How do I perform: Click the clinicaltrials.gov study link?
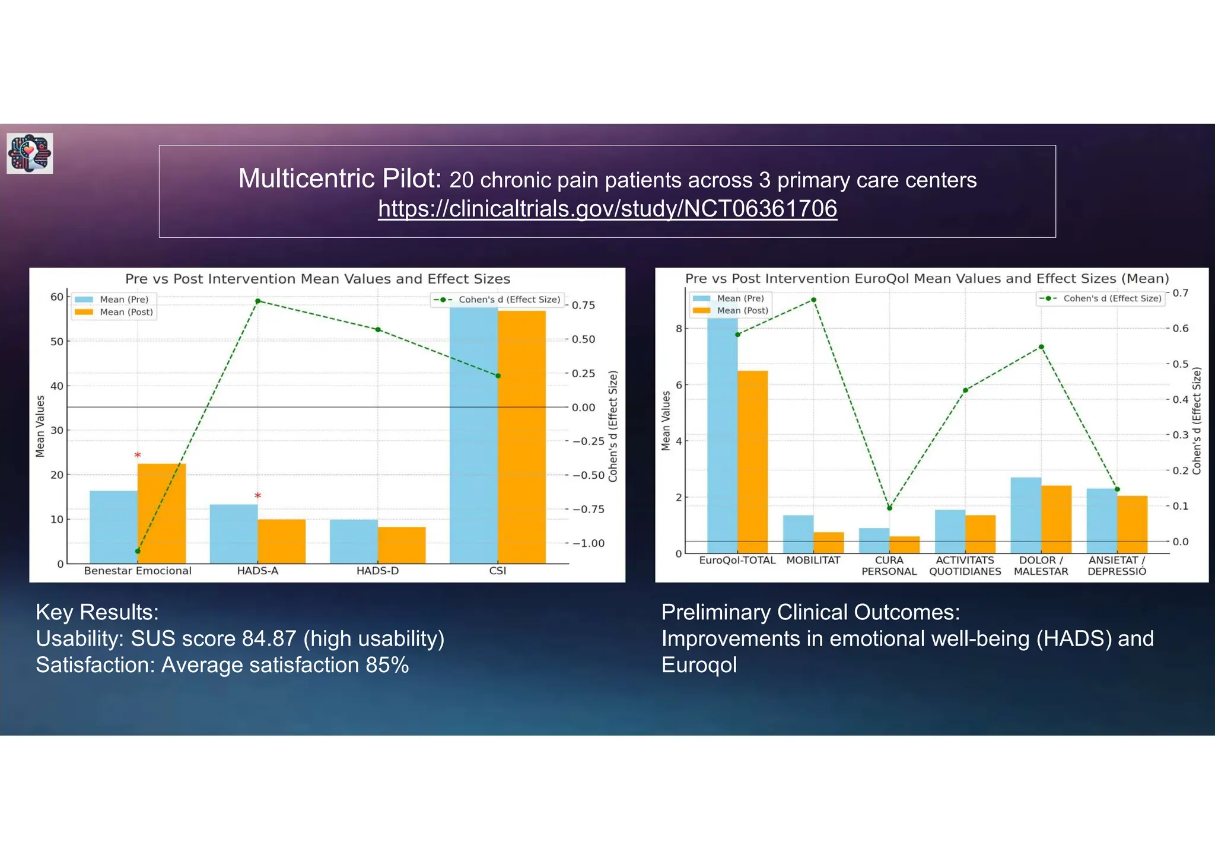click(x=607, y=209)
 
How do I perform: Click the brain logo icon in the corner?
click(x=30, y=153)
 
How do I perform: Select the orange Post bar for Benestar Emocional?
click(x=161, y=513)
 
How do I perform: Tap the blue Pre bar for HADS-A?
click(x=233, y=534)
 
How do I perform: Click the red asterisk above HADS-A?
click(x=257, y=496)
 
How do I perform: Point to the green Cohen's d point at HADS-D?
click(x=378, y=330)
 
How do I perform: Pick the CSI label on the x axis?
click(x=497, y=571)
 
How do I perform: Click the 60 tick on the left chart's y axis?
click(x=57, y=297)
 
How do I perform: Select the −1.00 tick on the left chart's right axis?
click(x=588, y=543)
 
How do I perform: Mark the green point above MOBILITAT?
click(x=813, y=300)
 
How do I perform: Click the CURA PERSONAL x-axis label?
click(x=889, y=566)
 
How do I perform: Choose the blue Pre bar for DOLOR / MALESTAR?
click(x=1026, y=515)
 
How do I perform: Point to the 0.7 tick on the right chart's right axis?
click(x=1180, y=293)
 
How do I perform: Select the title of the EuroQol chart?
click(x=927, y=278)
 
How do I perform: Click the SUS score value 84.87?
click(x=268, y=639)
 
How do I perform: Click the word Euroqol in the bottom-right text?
click(x=699, y=665)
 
